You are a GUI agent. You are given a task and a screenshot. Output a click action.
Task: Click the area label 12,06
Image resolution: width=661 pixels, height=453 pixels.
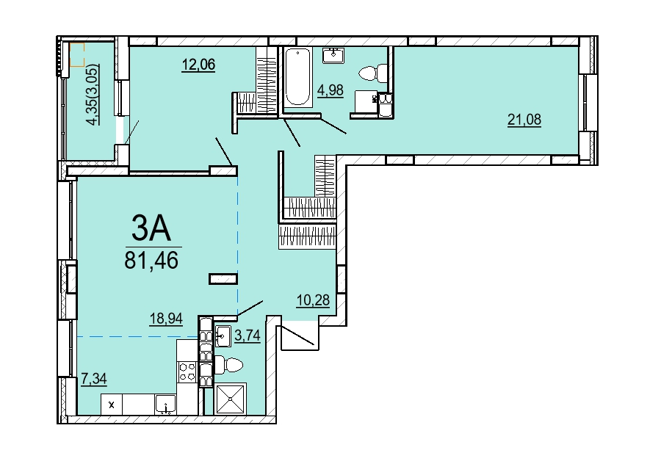coord(198,65)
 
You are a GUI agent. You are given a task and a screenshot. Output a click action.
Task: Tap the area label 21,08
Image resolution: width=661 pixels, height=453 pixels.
coord(524,120)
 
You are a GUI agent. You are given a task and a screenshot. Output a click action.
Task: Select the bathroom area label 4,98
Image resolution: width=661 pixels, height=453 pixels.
coord(330,90)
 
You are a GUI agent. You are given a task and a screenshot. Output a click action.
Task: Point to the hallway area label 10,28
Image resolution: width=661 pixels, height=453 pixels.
coord(313,300)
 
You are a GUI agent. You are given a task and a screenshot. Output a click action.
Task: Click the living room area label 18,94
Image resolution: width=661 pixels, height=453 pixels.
coord(166,319)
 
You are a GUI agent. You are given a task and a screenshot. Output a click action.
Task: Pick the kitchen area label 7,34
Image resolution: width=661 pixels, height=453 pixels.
coord(93,378)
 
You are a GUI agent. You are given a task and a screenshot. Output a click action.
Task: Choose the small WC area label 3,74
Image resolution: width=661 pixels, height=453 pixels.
coord(247,336)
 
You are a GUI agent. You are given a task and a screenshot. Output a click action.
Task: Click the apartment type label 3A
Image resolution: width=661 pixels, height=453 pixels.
coord(151,229)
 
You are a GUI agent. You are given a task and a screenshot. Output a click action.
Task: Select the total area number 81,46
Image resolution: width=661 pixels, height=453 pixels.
coord(151,260)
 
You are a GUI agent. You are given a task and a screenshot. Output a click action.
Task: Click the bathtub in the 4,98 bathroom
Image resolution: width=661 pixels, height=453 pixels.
coord(297,78)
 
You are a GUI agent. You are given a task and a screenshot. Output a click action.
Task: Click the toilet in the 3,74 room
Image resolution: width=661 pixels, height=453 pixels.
coord(229,364)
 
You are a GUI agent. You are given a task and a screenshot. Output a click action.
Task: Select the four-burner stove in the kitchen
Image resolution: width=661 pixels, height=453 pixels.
coord(187,372)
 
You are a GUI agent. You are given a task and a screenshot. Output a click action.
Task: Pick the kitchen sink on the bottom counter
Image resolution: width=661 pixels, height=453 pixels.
coord(165,405)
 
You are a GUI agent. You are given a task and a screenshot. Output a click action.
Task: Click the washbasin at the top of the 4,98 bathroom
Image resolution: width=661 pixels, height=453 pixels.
coord(333,55)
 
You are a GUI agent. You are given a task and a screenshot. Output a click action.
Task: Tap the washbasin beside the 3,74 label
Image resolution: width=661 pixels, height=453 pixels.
coord(223,336)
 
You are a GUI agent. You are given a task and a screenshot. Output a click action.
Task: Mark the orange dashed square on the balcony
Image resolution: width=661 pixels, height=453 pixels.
coord(77,55)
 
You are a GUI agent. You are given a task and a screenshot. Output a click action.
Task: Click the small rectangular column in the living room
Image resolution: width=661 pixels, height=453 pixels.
coord(223,278)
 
